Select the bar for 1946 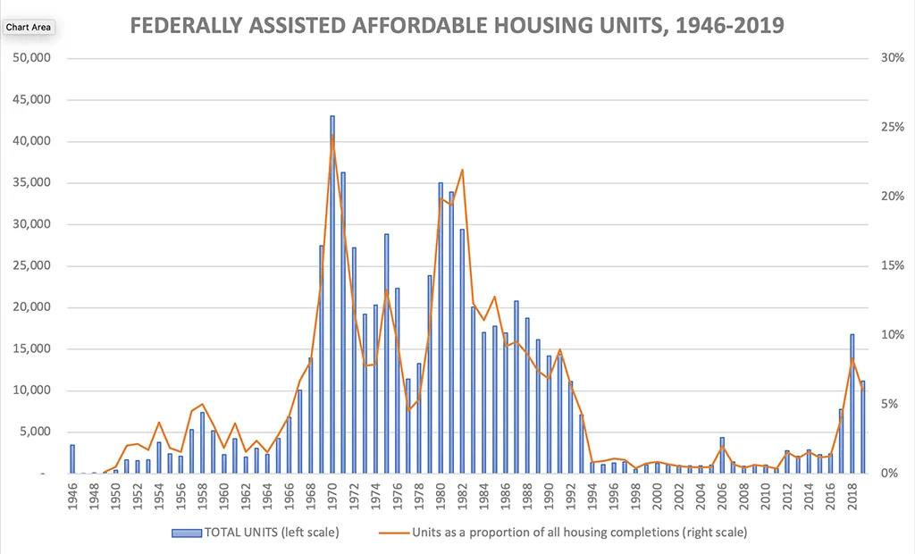tap(72, 459)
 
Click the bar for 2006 tap(722, 456)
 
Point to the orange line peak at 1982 tap(462, 170)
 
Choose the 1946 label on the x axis tap(72, 496)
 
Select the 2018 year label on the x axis tap(852, 496)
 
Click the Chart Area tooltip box tap(29, 28)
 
